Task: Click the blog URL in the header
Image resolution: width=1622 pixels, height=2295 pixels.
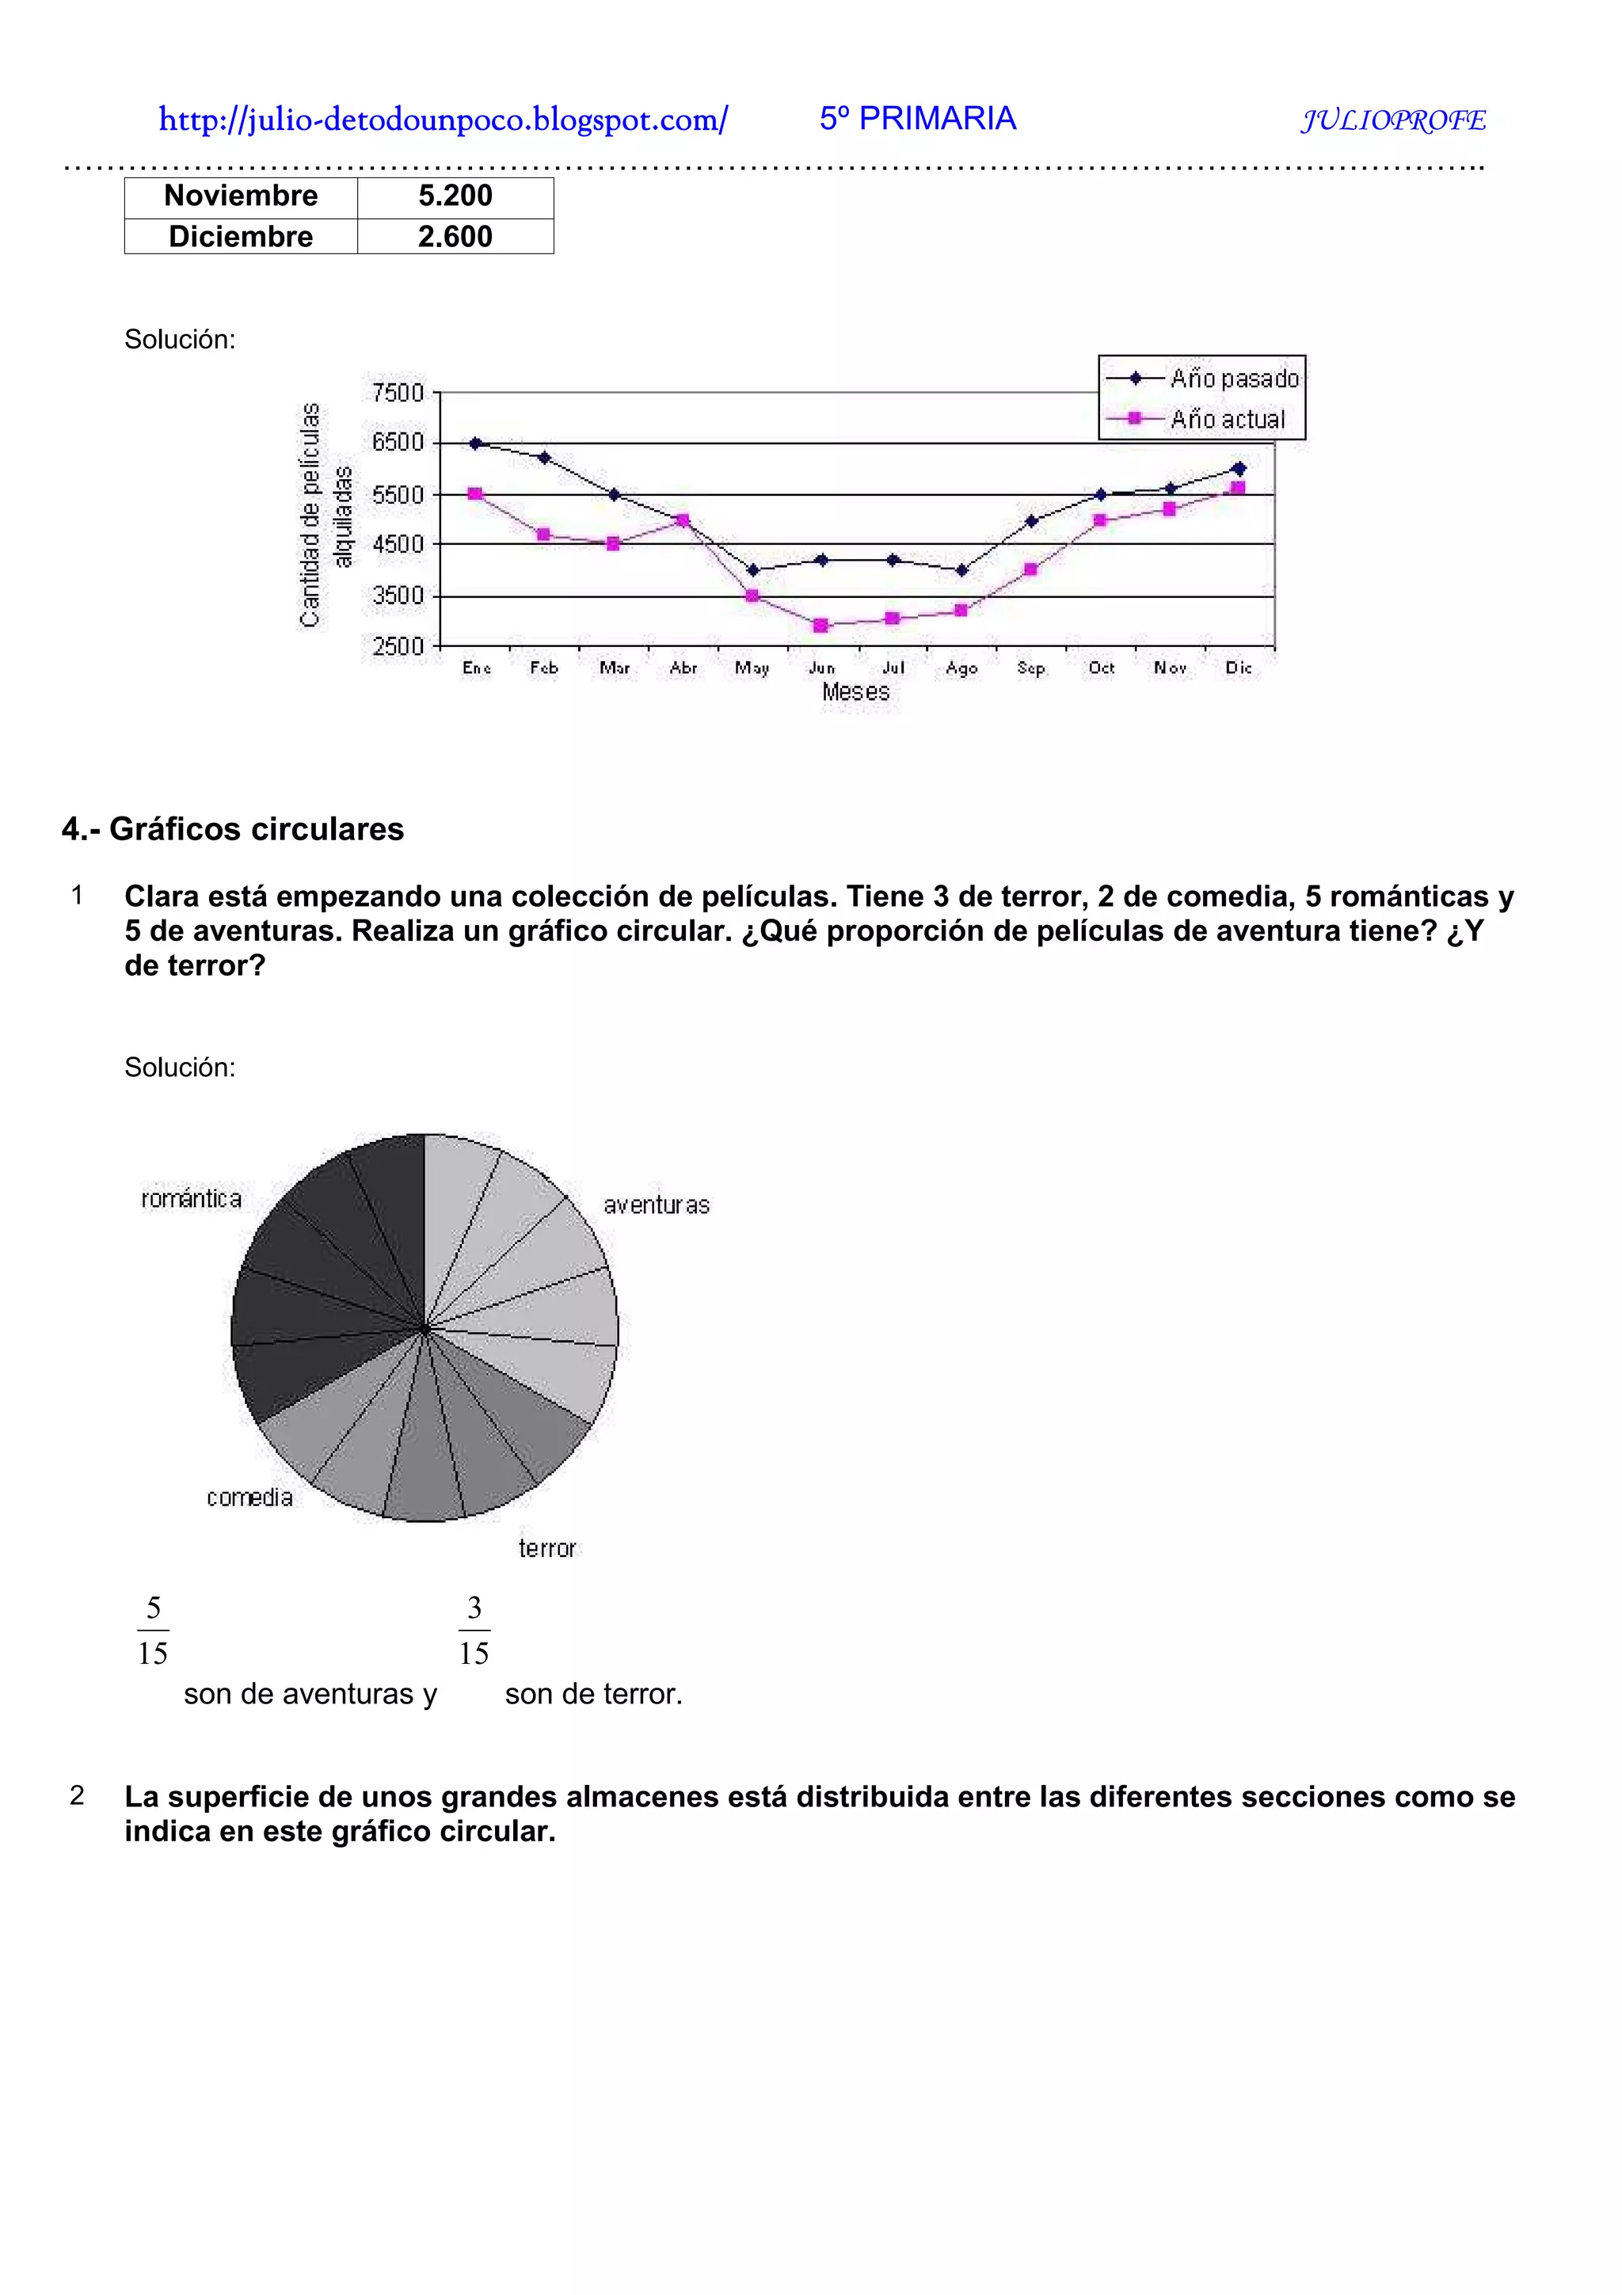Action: click(x=443, y=120)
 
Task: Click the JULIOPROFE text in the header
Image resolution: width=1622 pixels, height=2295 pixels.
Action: click(x=1393, y=121)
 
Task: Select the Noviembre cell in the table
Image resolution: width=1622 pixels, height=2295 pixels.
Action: click(x=241, y=196)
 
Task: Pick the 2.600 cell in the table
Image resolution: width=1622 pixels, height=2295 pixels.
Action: click(x=455, y=237)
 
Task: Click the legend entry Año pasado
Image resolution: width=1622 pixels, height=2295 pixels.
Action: click(x=1233, y=379)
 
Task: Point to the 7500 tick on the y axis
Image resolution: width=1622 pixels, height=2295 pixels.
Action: click(x=398, y=393)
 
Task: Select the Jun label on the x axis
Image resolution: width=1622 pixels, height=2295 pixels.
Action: click(x=821, y=668)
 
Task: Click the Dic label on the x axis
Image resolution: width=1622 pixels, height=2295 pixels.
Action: click(x=1238, y=668)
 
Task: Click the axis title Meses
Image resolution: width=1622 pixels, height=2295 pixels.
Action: click(x=855, y=691)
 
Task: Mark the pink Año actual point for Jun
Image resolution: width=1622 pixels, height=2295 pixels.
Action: click(x=821, y=626)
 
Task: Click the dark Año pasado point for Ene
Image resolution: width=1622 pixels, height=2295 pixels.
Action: click(x=476, y=443)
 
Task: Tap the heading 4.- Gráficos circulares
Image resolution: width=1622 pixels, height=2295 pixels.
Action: click(x=233, y=828)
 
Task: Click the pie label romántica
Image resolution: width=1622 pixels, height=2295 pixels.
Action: click(x=191, y=1198)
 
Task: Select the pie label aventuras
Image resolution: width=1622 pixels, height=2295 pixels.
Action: click(x=656, y=1205)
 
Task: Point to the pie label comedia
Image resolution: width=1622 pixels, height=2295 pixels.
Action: click(x=249, y=1498)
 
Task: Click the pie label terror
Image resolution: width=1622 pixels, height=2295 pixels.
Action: click(x=546, y=1548)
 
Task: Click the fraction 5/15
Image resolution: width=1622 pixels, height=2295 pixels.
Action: click(x=153, y=1631)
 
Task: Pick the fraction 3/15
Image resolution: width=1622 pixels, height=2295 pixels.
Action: click(x=474, y=1631)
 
